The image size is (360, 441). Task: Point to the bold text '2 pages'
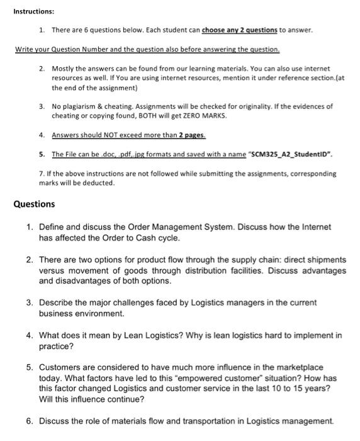point(192,135)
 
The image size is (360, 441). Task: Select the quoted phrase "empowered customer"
point(245,378)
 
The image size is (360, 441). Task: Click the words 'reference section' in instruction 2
point(297,76)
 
